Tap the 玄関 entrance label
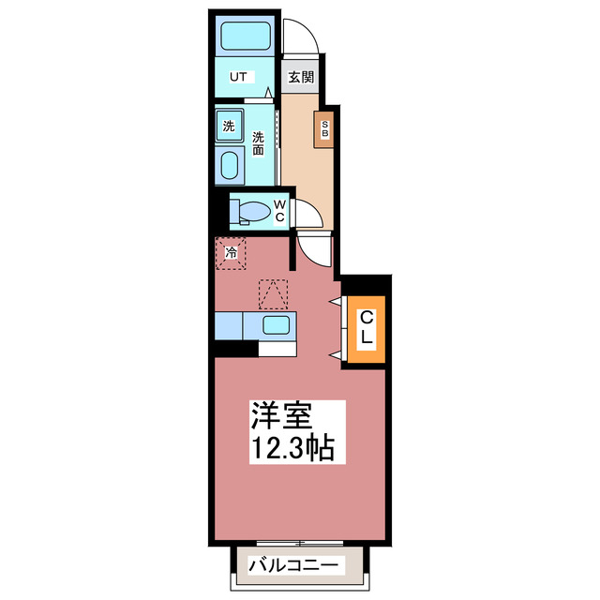(x=300, y=77)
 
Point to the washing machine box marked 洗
(x=228, y=124)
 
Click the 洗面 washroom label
(x=258, y=142)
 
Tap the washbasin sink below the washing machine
(x=229, y=167)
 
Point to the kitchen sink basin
(x=276, y=326)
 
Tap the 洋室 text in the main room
(x=279, y=414)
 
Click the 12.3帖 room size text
(x=292, y=445)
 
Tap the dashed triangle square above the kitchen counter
(x=273, y=293)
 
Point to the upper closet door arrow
(x=335, y=300)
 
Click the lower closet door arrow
(x=335, y=352)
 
